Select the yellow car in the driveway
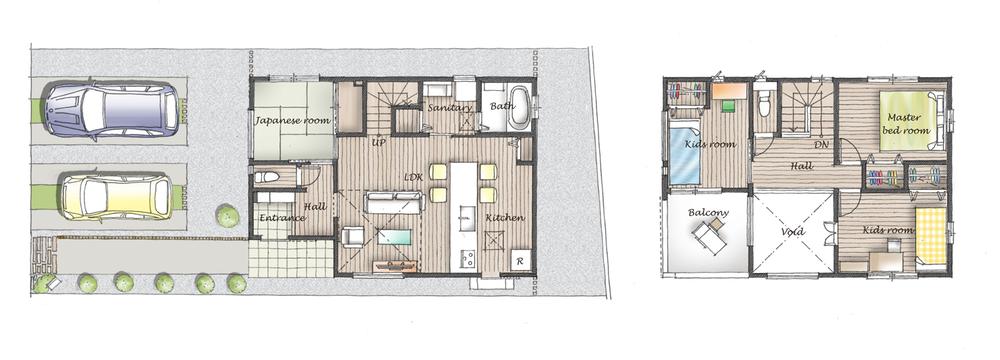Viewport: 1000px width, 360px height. [x=116, y=196]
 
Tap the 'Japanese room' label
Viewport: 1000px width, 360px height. [x=290, y=121]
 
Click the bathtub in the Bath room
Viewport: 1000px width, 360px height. [x=519, y=116]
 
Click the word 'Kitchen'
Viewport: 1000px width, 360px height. [x=505, y=218]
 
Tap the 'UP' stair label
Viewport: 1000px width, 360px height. [x=379, y=143]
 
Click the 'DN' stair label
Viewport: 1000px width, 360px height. [x=821, y=144]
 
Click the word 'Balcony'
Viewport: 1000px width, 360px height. [x=708, y=213]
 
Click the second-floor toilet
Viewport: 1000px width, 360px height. [x=765, y=104]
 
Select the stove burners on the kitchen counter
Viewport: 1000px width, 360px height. [x=467, y=261]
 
